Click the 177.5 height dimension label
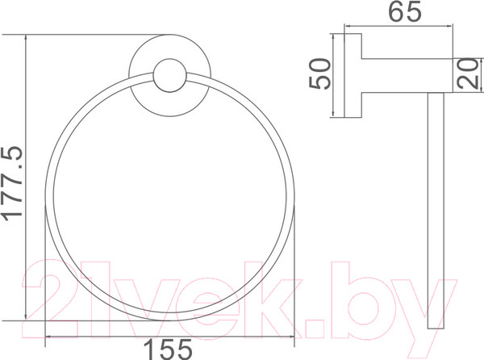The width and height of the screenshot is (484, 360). pos(12,184)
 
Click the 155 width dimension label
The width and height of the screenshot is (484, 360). pos(169,350)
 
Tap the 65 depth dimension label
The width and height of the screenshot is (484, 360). pos(404,11)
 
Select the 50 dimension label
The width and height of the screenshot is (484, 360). pos(319,73)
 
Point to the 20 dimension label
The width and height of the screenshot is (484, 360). pos(468,73)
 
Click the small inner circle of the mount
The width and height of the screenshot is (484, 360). pos(169,75)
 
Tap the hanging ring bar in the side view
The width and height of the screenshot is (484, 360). pos(436,210)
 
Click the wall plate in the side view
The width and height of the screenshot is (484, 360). pos(353,75)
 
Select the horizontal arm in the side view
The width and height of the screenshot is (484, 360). pos(407,75)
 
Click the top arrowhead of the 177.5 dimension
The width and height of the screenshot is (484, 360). pos(26,38)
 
